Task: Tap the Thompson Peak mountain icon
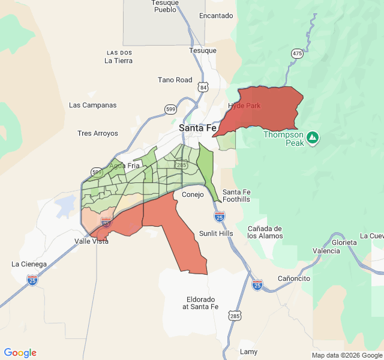312,138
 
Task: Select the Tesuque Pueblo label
165,6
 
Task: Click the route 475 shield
297,54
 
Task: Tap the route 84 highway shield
203,88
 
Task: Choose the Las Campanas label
92,105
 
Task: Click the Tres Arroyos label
98,133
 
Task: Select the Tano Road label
175,80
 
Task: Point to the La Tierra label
118,61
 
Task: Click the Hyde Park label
244,106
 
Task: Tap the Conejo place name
193,194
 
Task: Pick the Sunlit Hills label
216,233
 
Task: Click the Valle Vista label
91,241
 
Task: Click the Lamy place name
248,351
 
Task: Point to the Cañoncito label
294,279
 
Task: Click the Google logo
20,353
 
